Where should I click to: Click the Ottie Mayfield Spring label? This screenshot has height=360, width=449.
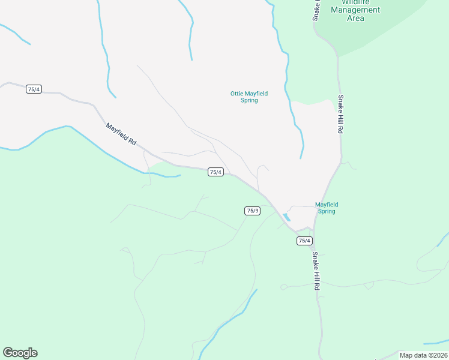tap(249, 97)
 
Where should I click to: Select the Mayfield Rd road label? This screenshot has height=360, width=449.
tap(121, 135)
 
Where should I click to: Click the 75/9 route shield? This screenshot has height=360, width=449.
tap(253, 211)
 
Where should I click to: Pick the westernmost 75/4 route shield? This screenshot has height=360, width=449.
tap(34, 89)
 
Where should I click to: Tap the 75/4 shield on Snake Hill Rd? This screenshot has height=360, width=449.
tap(304, 241)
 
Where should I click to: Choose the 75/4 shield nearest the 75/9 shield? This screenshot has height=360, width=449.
tap(215, 172)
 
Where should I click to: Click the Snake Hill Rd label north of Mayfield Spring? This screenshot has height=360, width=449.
tap(340, 113)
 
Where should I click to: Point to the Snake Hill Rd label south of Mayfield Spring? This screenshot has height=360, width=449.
tap(315, 271)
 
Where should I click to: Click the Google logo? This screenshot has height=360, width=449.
tap(20, 353)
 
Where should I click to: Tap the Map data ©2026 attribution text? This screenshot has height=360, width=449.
tap(423, 355)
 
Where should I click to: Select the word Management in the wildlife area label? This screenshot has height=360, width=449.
tap(355, 10)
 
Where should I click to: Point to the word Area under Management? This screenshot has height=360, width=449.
tap(355, 19)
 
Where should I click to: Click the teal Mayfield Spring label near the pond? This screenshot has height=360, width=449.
tap(326, 208)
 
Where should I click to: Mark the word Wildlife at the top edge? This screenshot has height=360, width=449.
tap(355, 2)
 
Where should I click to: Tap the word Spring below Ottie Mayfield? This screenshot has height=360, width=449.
tap(249, 100)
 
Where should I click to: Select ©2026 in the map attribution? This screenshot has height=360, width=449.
tap(438, 355)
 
